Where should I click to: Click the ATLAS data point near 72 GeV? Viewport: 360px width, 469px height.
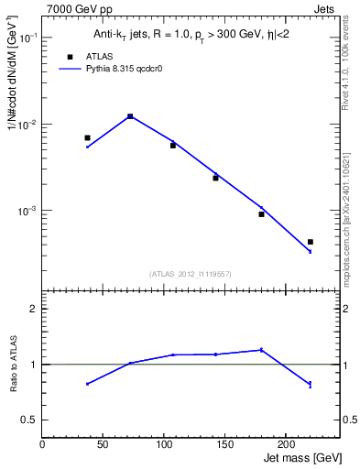[130, 116]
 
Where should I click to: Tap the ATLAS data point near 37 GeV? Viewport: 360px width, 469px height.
[87, 137]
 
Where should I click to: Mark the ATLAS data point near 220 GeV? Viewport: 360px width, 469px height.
[310, 242]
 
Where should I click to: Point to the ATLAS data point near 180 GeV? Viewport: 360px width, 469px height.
[261, 214]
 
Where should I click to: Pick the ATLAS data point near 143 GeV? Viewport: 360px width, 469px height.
[216, 178]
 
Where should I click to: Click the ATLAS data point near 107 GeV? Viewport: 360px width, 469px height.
[173, 145]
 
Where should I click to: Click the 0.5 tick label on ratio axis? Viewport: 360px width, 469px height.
[30, 420]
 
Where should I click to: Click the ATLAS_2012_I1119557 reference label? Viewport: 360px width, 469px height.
[191, 274]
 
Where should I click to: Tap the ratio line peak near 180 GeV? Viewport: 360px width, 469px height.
[261, 349]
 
